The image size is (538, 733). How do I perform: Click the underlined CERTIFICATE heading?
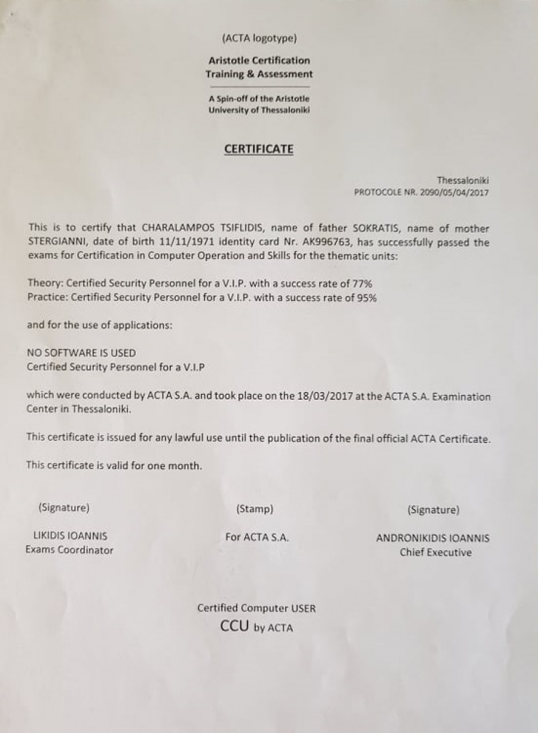(258, 149)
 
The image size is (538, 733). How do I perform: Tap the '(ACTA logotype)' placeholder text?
(259, 39)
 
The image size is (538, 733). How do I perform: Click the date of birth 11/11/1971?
(175, 242)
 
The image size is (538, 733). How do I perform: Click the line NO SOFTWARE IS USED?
(81, 353)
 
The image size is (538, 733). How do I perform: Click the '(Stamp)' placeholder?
(254, 509)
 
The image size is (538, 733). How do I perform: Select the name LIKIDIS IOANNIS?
(71, 536)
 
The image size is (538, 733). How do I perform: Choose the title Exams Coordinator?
(69, 550)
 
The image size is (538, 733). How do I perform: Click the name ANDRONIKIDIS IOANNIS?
(432, 538)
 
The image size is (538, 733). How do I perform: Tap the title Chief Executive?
(435, 552)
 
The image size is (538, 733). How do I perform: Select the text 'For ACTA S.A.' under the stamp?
(257, 537)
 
